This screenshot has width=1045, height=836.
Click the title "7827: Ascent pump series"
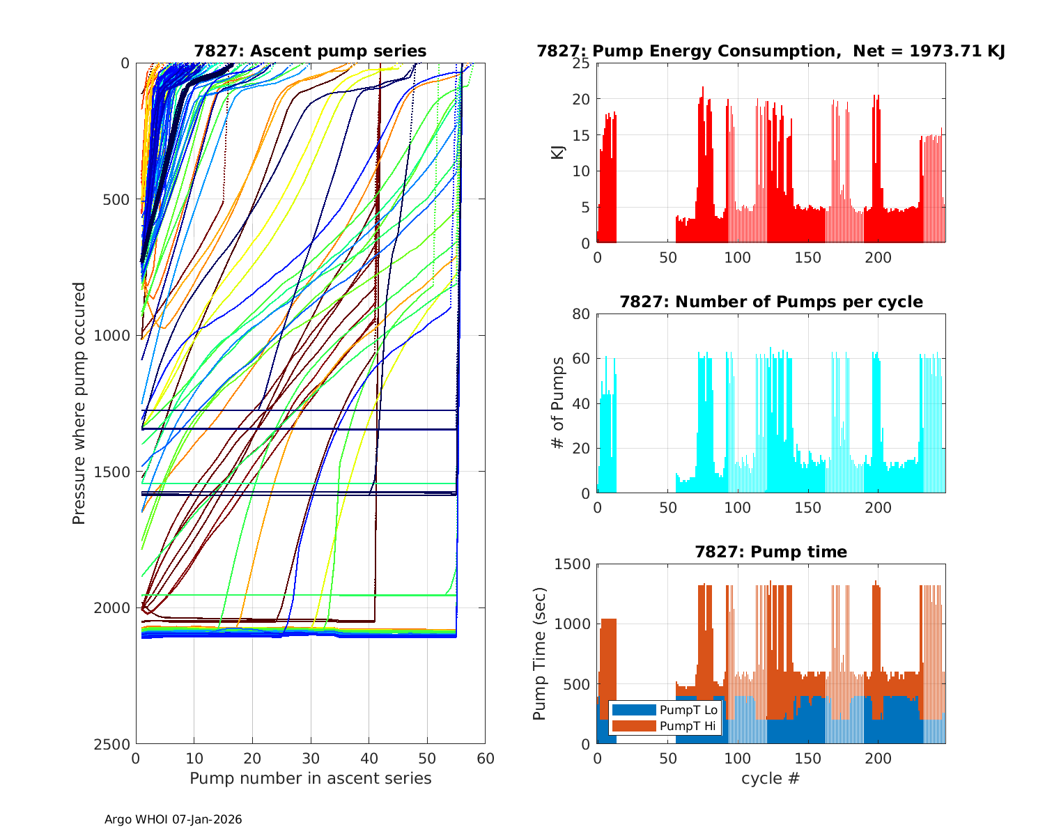tap(310, 51)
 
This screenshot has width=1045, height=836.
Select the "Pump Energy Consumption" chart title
tap(771, 51)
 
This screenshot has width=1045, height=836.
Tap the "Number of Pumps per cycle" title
tap(771, 302)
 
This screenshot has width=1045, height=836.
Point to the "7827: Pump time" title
tap(771, 552)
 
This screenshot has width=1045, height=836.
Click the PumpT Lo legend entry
tap(665, 710)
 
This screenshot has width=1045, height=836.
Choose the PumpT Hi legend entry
tap(665, 726)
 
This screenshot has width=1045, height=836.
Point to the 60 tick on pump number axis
tap(485, 758)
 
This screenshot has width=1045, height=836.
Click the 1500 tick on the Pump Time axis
tap(572, 564)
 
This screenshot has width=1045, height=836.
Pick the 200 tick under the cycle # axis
tap(878, 758)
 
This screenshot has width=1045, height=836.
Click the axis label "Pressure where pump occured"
tap(79, 403)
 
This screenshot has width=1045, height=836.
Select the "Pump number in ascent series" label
tap(310, 778)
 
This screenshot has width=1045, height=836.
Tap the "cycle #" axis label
tap(771, 778)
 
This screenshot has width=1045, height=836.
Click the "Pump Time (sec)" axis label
tap(539, 653)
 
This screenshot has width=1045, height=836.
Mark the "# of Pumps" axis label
tap(557, 403)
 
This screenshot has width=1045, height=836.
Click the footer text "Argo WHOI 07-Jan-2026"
tap(173, 819)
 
